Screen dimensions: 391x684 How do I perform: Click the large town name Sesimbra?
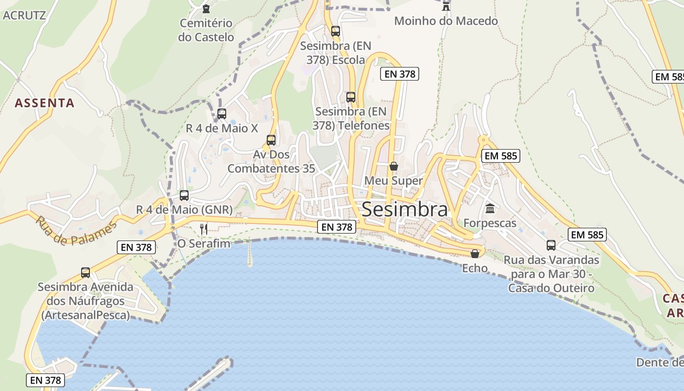pos(405,209)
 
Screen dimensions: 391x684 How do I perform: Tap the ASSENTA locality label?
pos(44,103)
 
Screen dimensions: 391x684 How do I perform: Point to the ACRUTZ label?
pos(24,15)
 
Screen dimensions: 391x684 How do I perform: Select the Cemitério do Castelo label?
pos(206,30)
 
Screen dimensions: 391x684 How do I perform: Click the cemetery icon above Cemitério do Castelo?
pos(206,8)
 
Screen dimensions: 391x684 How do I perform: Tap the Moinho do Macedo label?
pos(446,21)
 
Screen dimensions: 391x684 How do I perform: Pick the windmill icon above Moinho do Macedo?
pos(446,6)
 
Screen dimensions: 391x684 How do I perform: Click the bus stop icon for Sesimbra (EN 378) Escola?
pos(335,31)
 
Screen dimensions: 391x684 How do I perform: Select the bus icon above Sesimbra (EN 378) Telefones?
pos(350,97)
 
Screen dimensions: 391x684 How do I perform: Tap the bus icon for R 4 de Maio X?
pos(221,114)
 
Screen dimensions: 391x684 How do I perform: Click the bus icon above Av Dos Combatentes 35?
pos(271,140)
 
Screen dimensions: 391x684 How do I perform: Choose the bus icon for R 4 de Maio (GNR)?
pos(184,195)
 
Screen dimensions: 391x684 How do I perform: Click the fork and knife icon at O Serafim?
pos(204,228)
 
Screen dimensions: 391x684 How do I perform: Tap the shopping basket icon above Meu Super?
pos(393,166)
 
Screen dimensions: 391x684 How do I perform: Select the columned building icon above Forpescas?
pos(490,209)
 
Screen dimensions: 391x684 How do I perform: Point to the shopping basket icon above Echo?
pos(474,253)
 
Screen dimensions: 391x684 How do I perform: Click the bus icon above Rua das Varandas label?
pos(551,245)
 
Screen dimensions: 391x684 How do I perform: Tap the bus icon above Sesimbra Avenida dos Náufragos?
pos(85,272)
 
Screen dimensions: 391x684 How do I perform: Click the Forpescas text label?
pos(490,223)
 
